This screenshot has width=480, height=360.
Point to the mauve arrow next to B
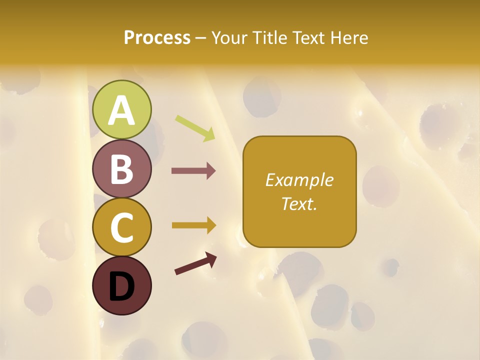pos(193,171)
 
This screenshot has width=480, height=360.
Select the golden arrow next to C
pos(194,225)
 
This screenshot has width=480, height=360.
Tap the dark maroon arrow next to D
pos(195,263)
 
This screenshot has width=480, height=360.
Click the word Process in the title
pos(157,37)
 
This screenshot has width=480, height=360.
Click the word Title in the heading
pos(270,37)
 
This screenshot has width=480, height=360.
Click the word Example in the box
pos(299,180)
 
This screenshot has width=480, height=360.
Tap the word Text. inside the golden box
pos(299,203)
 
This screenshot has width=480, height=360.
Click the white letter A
pos(122,110)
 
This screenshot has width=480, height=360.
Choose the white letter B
pos(122,169)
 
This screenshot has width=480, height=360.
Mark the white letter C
pos(122,227)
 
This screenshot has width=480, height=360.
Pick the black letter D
pos(122,286)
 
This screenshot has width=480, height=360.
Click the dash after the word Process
pos(200,38)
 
